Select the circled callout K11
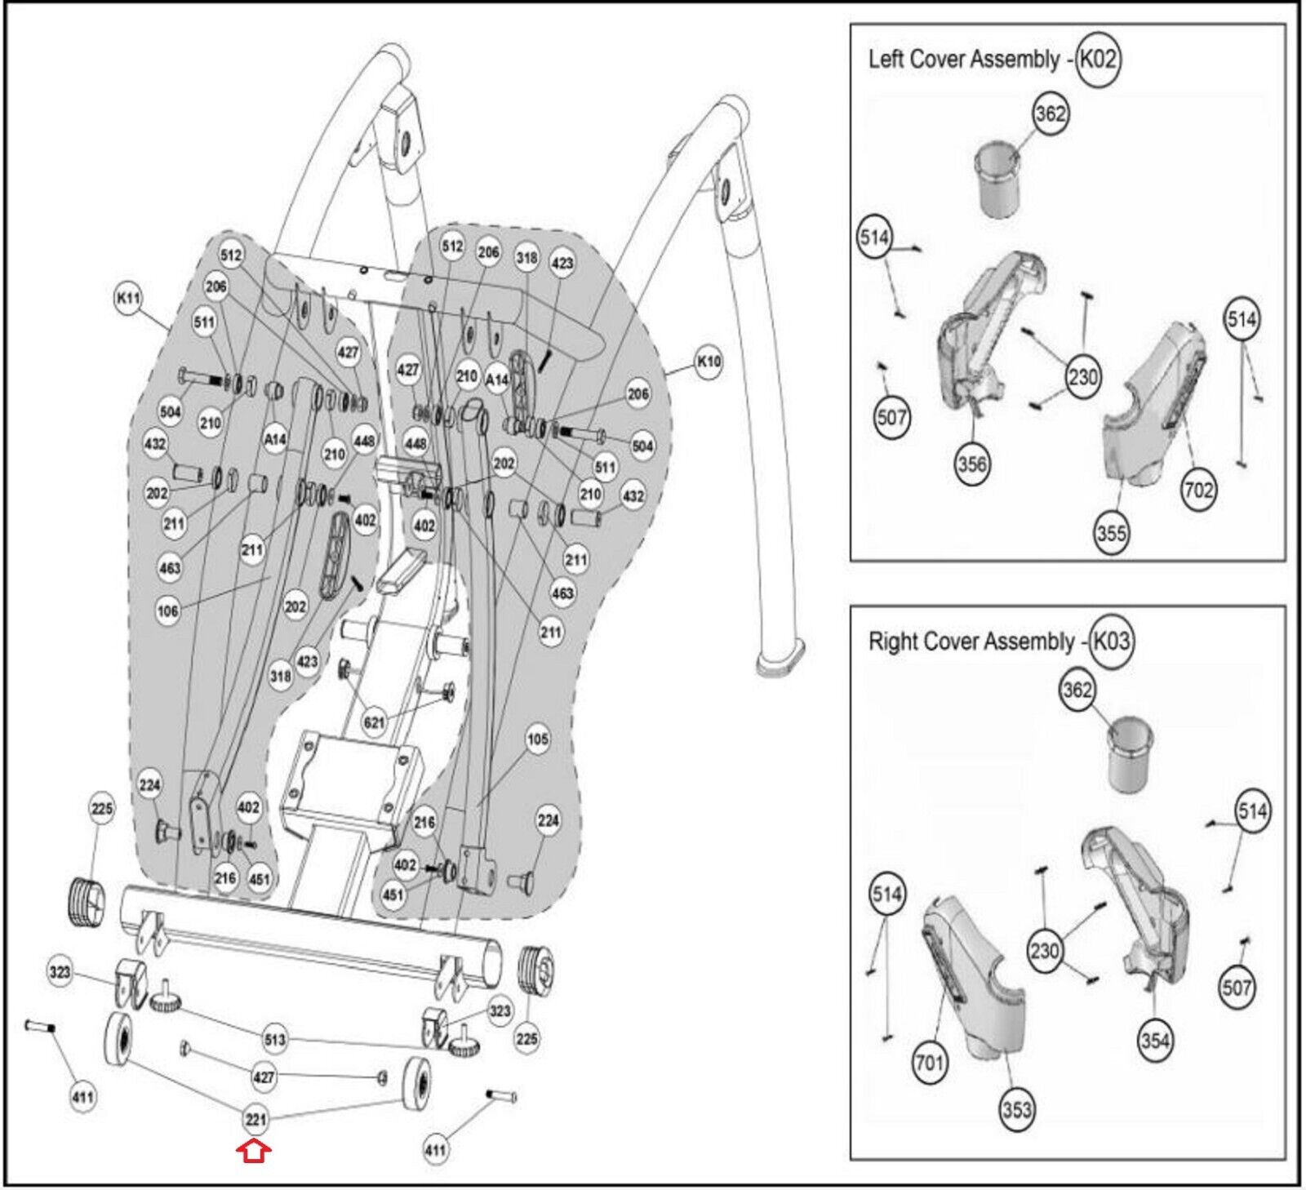point(129,300)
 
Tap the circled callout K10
point(708,361)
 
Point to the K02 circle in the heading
point(1097,59)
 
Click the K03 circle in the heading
point(1111,641)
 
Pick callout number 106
point(167,611)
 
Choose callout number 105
point(537,739)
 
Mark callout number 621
point(374,722)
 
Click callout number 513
point(275,1039)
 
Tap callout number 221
point(255,1119)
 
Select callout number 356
point(972,464)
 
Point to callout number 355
point(1111,534)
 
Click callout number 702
point(1198,490)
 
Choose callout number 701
point(930,1062)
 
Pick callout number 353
point(1017,1109)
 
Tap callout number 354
point(1155,1041)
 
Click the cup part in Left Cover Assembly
point(1005,182)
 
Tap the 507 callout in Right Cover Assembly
point(1237,988)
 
